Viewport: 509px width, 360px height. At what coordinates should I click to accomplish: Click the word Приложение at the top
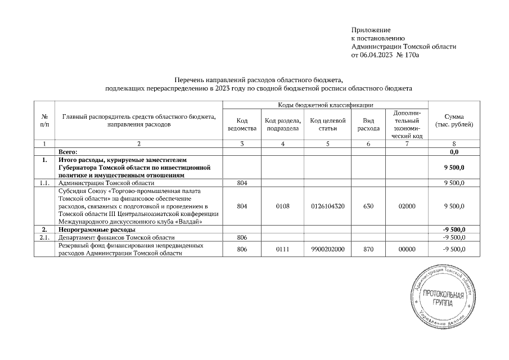[x=371, y=29]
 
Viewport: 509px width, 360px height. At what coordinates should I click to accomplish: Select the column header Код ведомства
[x=242, y=124]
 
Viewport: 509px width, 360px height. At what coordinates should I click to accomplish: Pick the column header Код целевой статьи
[x=328, y=124]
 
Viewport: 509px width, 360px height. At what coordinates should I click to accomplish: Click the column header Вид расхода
[x=368, y=124]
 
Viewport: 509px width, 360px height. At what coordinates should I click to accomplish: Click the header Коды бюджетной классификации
[x=326, y=105]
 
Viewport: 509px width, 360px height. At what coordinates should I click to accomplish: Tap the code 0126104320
[x=328, y=206]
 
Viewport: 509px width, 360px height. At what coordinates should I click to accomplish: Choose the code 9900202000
[x=328, y=249]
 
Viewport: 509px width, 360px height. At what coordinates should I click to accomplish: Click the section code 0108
[x=283, y=206]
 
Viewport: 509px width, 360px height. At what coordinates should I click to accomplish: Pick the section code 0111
[x=283, y=249]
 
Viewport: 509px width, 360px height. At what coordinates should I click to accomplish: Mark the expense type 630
[x=368, y=206]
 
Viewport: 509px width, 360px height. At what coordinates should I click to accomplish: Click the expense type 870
[x=368, y=249]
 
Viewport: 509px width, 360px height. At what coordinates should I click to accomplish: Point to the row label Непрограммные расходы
[x=96, y=230]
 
